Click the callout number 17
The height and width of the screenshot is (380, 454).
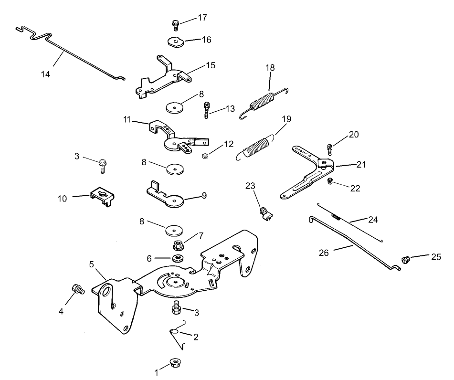(202, 18)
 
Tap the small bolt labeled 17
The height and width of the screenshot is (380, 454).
(175, 23)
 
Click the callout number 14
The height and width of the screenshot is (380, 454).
(45, 74)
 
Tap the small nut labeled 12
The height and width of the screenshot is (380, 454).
(204, 155)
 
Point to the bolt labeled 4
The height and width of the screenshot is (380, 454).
(77, 289)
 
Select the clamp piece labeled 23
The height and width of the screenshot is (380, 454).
(265, 213)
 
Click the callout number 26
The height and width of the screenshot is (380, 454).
(324, 253)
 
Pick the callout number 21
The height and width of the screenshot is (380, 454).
(360, 164)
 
